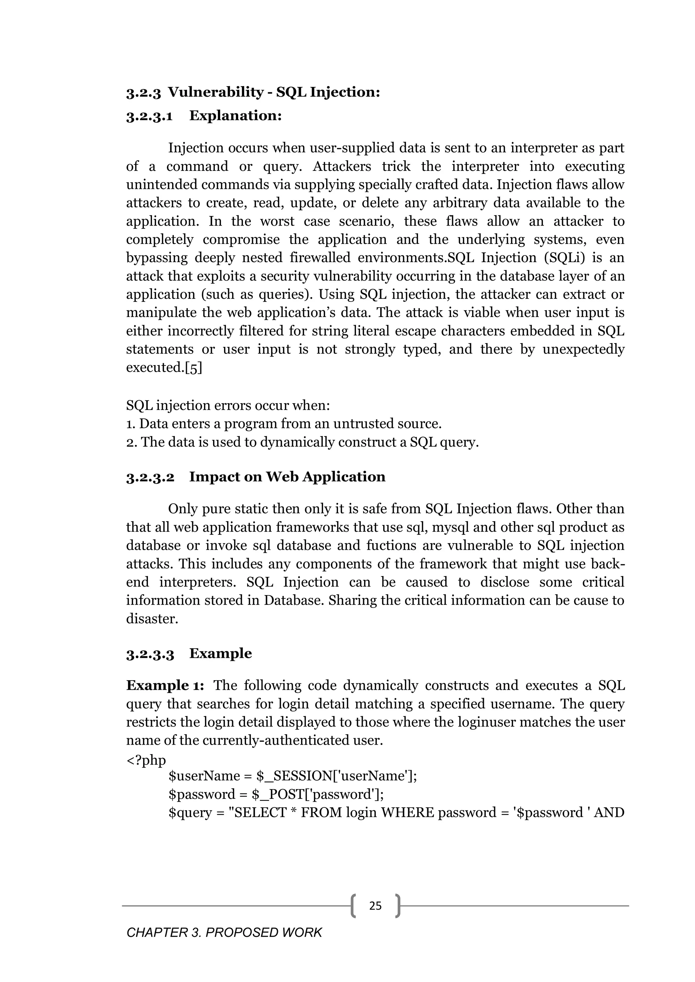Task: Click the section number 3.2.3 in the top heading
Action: click(x=143, y=92)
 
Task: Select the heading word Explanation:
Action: click(x=236, y=116)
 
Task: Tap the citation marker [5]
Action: click(x=193, y=368)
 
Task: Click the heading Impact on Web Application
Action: click(x=287, y=477)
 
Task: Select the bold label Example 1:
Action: click(x=165, y=686)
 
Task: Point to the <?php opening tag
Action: click(x=146, y=760)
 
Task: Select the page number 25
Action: click(x=375, y=906)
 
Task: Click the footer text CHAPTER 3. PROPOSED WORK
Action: click(x=224, y=933)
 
